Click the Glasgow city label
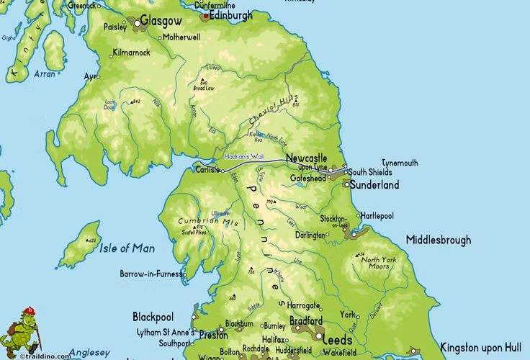point(162,22)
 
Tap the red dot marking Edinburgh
point(206,14)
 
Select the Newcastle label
point(306,158)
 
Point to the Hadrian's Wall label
point(241,156)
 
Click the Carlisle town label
point(207,170)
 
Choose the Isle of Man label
point(127,248)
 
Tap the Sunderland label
point(374,185)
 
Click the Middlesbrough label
point(438,240)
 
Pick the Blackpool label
point(153,317)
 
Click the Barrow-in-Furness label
point(151,274)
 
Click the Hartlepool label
point(378,215)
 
